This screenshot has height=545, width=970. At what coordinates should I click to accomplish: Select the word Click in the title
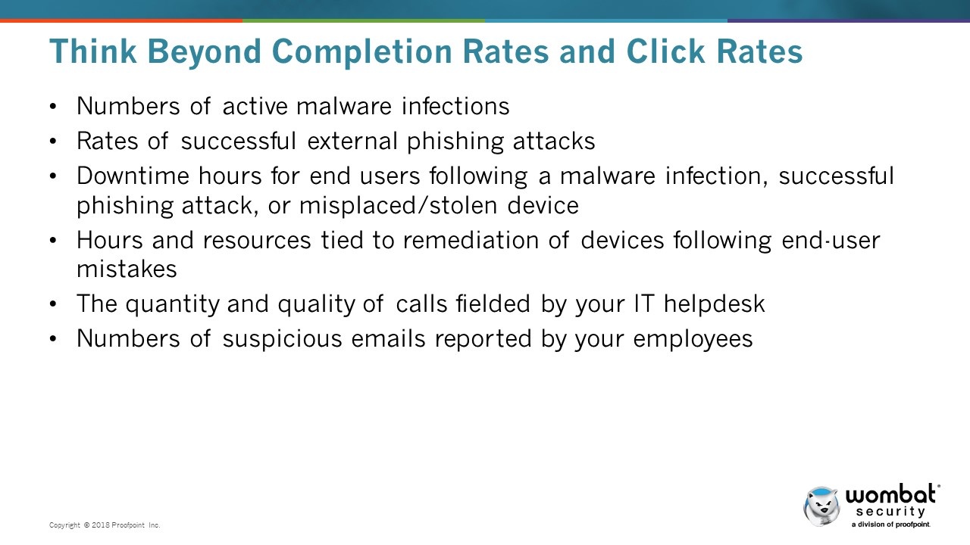(665, 51)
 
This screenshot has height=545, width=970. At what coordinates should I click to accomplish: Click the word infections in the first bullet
(455, 106)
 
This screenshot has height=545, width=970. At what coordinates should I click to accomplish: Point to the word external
(352, 141)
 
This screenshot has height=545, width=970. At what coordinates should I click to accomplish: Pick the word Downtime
(133, 176)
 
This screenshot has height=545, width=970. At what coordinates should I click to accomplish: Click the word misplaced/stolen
(398, 205)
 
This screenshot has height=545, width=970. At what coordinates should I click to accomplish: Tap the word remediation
(471, 241)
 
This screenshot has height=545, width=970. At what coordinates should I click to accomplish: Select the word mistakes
(127, 269)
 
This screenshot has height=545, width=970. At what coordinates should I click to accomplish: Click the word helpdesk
(715, 304)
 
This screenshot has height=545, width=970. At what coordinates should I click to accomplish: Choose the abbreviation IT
(644, 304)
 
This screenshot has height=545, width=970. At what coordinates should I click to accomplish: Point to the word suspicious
(283, 338)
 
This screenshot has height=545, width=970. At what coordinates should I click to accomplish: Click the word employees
(693, 339)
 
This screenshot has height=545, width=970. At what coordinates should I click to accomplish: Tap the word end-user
(831, 241)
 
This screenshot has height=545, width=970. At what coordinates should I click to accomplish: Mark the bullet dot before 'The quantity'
(53, 304)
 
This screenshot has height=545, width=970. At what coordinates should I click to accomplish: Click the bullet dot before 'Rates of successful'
(53, 141)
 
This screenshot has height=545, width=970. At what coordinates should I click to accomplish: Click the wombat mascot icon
(821, 506)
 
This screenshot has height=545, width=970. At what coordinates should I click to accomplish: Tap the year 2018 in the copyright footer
(101, 525)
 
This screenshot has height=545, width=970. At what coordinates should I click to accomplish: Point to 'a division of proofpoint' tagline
(890, 525)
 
